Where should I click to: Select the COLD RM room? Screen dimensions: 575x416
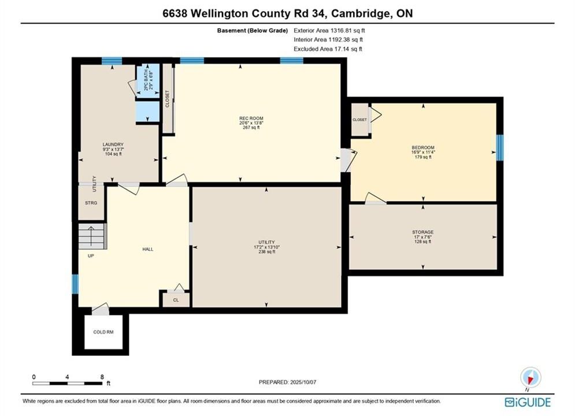tap(103, 332)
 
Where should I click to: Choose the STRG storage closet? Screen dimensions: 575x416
tap(91, 202)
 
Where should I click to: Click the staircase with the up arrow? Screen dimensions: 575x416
tap(92, 236)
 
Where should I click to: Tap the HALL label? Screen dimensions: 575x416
tap(148, 249)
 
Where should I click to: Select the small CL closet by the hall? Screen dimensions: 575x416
tap(176, 300)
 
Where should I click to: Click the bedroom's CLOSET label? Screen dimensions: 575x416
tap(360, 120)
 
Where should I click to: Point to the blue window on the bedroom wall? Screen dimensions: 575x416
tap(500, 148)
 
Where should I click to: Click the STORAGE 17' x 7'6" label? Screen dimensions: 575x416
tap(423, 237)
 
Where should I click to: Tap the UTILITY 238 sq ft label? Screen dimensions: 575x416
tap(266, 247)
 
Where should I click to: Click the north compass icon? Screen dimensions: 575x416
tap(531, 377)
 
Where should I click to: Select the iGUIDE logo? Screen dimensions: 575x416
tap(528, 402)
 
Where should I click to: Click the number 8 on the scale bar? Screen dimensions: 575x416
tap(102, 377)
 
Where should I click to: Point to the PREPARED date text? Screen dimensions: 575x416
tap(288, 382)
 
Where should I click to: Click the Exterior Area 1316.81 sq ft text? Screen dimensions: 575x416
tap(329, 31)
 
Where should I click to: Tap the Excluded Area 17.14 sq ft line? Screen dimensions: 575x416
tap(328, 49)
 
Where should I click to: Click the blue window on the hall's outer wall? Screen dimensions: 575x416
tap(75, 284)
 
